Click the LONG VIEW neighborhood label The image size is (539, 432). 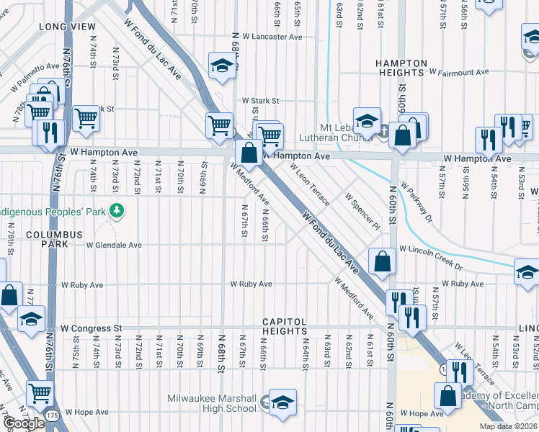click(x=68, y=27)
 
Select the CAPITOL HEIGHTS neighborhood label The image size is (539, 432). click(x=285, y=326)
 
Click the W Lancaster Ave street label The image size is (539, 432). click(x=272, y=37)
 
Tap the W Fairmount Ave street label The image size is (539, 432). click(x=458, y=72)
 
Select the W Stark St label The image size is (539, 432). click(x=259, y=102)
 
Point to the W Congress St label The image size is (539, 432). click(x=92, y=328)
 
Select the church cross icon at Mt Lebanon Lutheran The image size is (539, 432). click(x=384, y=132)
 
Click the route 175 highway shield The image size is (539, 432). click(x=48, y=416)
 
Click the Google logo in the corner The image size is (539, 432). click(x=24, y=423)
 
